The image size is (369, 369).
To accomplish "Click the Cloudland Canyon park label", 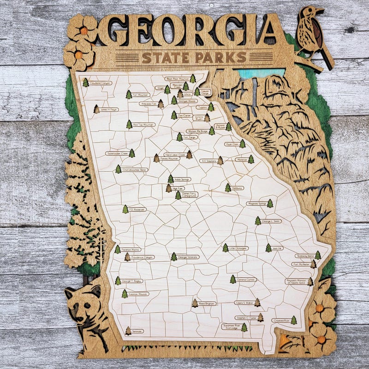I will [x=101, y=83].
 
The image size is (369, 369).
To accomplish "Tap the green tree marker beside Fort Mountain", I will [x=129, y=95].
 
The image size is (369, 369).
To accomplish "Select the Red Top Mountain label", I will [x=144, y=125].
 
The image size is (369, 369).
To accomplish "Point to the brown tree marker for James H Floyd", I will [x=96, y=109].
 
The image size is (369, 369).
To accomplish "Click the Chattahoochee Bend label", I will [x=134, y=170].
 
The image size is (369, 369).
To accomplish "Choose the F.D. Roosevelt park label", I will [x=137, y=209].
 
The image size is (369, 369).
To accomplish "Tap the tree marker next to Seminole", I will [x=128, y=331].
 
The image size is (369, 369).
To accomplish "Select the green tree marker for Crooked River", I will [x=293, y=320].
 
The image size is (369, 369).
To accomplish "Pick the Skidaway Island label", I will [x=304, y=256].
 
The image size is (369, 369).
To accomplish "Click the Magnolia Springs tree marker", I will [x=270, y=203].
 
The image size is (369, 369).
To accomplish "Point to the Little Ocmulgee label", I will [x=238, y=248].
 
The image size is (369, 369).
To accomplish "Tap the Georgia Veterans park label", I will [x=188, y=257].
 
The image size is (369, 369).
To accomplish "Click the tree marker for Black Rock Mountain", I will [x=193, y=79].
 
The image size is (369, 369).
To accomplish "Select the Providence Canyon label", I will [x=143, y=257].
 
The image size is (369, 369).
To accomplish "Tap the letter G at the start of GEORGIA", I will [x=113, y=30].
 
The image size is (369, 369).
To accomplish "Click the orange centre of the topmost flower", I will [x=83, y=30].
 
